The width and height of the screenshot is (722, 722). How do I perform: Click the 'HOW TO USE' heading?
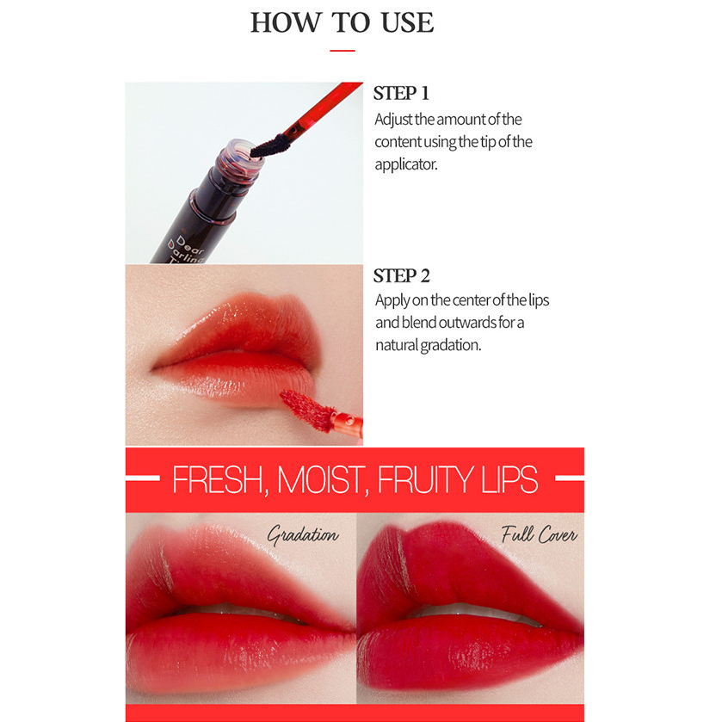(342, 22)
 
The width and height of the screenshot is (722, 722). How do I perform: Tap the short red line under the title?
(342, 51)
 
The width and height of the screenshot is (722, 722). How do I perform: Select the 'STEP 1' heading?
(401, 93)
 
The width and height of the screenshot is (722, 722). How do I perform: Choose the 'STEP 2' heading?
(402, 276)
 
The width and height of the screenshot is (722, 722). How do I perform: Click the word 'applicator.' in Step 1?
(406, 164)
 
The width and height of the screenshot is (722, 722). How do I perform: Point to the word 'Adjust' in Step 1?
(393, 120)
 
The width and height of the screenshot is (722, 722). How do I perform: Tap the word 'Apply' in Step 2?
(392, 300)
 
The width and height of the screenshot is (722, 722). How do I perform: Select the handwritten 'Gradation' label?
(303, 535)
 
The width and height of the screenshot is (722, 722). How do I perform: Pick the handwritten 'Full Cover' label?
(540, 534)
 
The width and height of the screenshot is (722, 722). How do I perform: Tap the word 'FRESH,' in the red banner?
(220, 480)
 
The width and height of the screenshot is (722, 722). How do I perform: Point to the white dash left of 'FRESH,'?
(143, 478)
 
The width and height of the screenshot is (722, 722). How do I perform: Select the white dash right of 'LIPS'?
(570, 478)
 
